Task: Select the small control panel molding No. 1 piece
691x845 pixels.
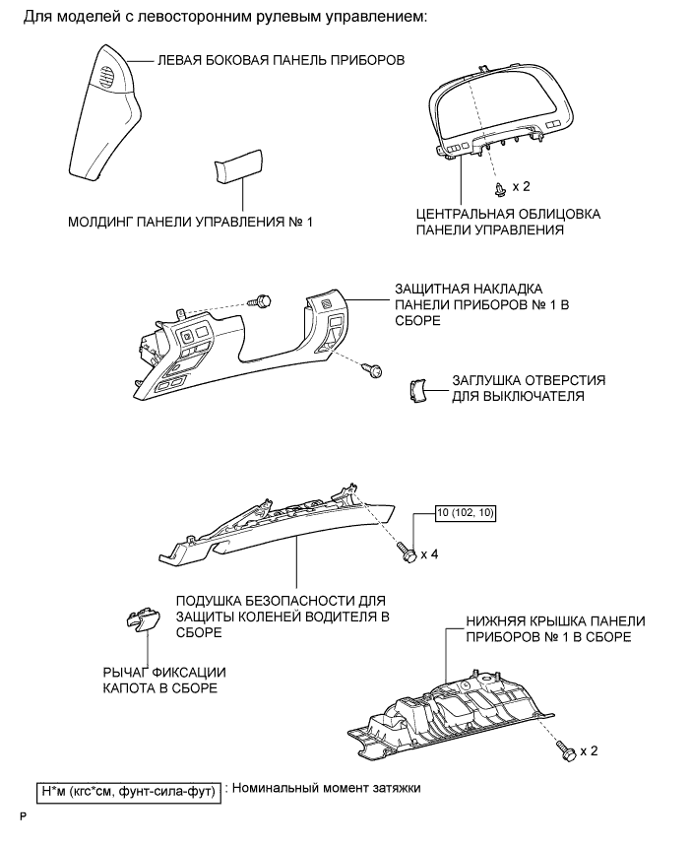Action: pyautogui.click(x=232, y=168)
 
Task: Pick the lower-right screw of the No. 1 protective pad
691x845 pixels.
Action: pyautogui.click(x=373, y=369)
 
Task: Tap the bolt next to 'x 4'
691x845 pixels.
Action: pyautogui.click(x=405, y=553)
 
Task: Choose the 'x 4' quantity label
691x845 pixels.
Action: pyautogui.click(x=429, y=554)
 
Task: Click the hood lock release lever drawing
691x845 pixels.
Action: pyautogui.click(x=142, y=619)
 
